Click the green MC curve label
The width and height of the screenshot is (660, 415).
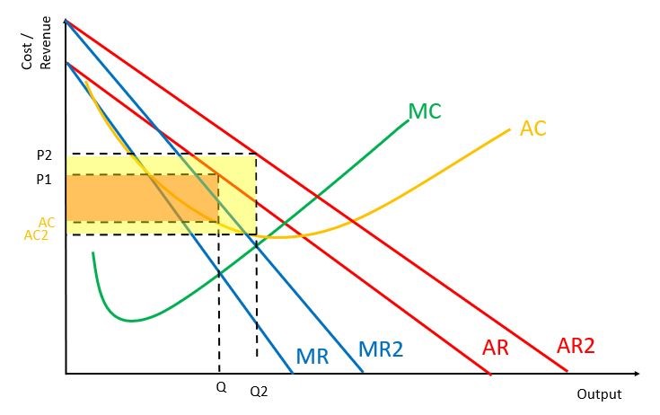(x=425, y=111)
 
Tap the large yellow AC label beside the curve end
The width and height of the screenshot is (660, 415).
(x=532, y=128)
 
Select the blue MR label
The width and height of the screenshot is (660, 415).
(x=312, y=356)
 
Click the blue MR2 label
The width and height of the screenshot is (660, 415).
(x=381, y=349)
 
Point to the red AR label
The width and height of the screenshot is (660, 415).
(x=496, y=348)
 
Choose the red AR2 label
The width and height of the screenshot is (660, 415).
(x=576, y=346)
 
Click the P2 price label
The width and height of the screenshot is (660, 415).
(x=44, y=155)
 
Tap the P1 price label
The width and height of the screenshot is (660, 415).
(x=44, y=180)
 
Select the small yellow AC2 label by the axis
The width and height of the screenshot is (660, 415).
(x=36, y=235)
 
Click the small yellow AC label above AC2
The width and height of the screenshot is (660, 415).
(x=47, y=222)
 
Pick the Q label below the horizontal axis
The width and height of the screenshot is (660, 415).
(x=221, y=387)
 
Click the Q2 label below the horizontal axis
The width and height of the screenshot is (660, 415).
(x=259, y=392)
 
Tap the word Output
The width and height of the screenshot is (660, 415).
(x=599, y=394)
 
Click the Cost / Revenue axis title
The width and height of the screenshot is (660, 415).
(x=36, y=43)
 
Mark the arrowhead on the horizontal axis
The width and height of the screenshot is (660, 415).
(x=636, y=374)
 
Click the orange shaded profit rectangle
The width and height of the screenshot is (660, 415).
(x=142, y=199)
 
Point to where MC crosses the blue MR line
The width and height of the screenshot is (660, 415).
(x=219, y=275)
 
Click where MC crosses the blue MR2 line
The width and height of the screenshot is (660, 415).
(x=256, y=246)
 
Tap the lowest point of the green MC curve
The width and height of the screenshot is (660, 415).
(x=132, y=322)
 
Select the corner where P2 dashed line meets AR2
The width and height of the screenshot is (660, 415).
(x=256, y=154)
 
